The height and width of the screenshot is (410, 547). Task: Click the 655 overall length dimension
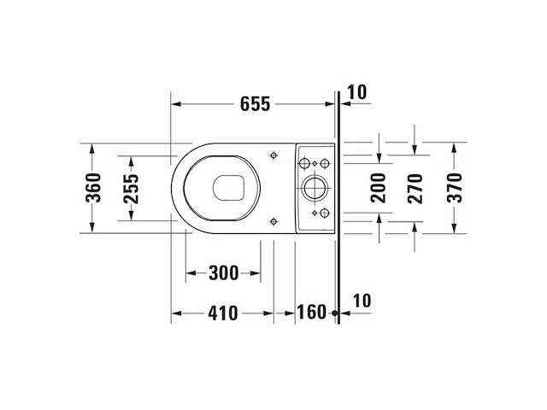pos(255,104)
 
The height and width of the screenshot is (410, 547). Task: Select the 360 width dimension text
pos(93,188)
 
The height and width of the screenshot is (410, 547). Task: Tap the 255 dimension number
pos(131,189)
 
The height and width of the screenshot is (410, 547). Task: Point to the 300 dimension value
pos(224,272)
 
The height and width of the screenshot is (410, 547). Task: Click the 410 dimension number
pos(223,313)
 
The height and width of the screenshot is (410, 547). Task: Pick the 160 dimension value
pos(311,312)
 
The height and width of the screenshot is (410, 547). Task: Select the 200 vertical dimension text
pos(379,188)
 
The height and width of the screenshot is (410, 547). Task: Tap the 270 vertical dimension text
pos(415,189)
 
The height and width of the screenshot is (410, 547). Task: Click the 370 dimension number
pos(455,188)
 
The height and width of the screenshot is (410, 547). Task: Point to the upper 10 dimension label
pos(357,92)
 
